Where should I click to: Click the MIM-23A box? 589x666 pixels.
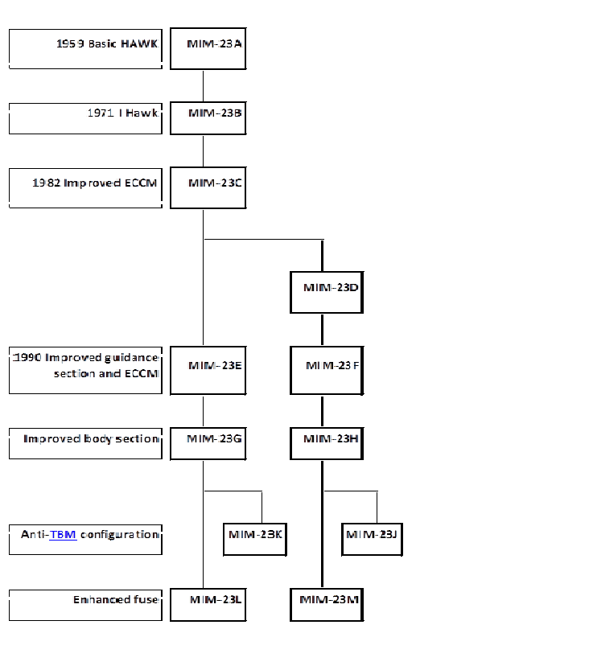(x=208, y=49)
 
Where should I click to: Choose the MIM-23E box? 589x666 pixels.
(x=208, y=371)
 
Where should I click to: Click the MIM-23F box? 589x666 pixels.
(x=326, y=371)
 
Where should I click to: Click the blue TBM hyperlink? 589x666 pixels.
(x=63, y=534)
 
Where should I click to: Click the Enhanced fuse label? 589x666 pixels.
(x=116, y=599)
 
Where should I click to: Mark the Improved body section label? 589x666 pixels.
(x=91, y=439)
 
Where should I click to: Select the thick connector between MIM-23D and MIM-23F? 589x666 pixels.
(x=322, y=330)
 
